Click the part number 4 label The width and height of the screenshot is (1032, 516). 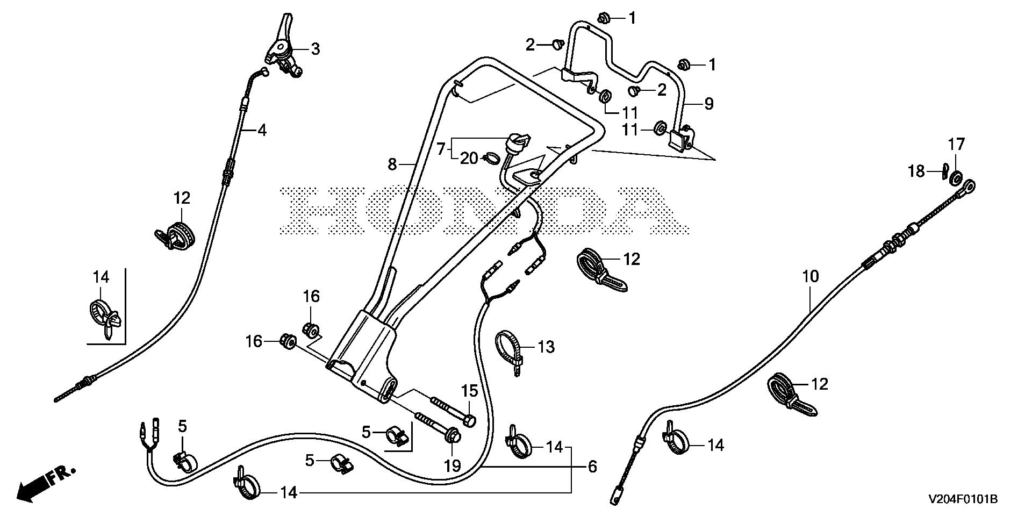[262, 131]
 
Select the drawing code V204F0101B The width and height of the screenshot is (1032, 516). [963, 500]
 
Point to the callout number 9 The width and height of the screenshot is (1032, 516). [708, 103]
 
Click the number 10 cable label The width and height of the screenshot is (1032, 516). [810, 277]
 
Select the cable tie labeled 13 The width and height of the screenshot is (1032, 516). [509, 349]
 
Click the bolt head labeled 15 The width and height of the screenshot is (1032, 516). [469, 421]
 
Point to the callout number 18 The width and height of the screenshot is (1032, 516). [916, 171]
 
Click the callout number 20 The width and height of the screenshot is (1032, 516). [469, 159]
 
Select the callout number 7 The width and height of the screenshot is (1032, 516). [441, 148]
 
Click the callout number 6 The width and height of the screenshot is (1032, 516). [592, 467]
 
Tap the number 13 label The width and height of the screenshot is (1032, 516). [546, 347]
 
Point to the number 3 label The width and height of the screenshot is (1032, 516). [315, 49]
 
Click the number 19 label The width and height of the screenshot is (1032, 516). [453, 465]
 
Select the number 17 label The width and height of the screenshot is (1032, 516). [956, 144]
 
